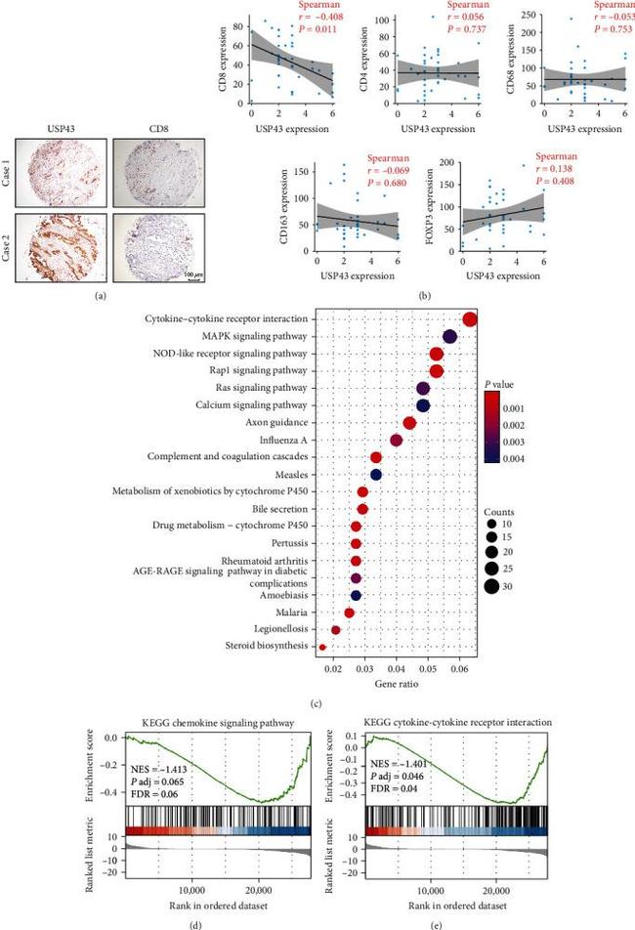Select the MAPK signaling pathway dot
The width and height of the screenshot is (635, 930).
[x=450, y=336]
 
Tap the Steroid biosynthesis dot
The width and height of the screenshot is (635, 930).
[x=323, y=647]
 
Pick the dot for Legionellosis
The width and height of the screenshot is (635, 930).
[x=336, y=630]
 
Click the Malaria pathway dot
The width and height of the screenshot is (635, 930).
[x=349, y=613]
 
